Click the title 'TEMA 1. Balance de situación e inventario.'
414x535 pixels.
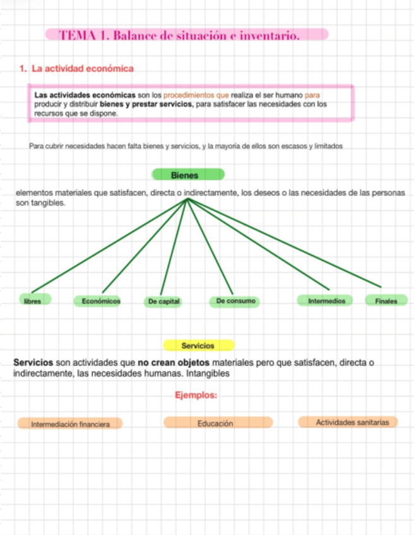(179, 35)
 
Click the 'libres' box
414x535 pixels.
(33, 301)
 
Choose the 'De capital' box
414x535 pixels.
(164, 302)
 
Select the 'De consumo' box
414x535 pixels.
(236, 301)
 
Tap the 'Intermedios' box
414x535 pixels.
(326, 301)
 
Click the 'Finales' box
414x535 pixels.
(386, 301)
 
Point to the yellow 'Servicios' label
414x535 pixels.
(198, 345)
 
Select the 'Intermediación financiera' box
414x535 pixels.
(70, 424)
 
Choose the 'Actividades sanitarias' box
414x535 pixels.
(348, 422)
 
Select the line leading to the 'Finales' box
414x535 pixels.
(284, 242)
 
